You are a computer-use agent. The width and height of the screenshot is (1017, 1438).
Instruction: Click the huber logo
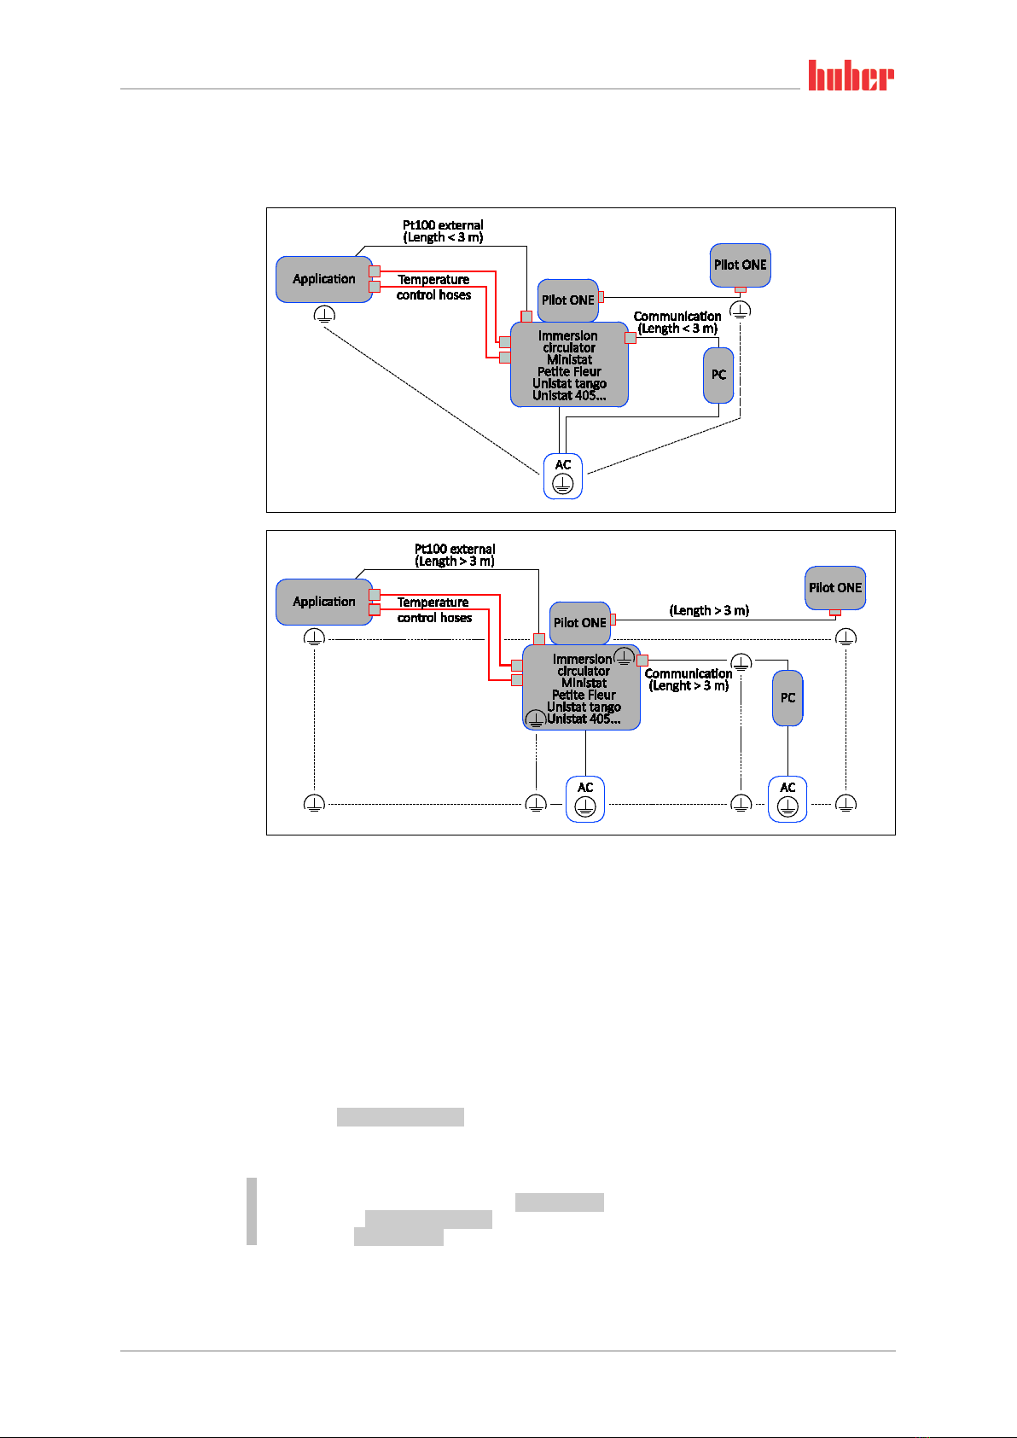[851, 76]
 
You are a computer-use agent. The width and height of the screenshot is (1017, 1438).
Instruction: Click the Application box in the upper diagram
[324, 279]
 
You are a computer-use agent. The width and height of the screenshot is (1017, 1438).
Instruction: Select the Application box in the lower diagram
[324, 602]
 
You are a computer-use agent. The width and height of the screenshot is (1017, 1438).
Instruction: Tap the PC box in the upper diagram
[718, 375]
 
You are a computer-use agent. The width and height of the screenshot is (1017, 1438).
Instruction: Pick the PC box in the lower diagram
[787, 697]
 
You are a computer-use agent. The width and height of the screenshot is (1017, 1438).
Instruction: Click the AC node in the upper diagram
[563, 476]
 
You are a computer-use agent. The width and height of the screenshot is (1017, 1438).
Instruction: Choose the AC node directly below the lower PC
[787, 799]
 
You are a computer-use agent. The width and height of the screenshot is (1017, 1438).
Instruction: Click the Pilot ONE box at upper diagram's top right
[740, 265]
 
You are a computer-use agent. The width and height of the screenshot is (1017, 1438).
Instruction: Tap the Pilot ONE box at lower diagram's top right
[835, 587]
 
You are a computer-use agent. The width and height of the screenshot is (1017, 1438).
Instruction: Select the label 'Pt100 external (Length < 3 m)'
[443, 231]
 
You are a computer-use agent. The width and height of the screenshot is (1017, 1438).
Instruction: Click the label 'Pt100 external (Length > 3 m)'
[455, 555]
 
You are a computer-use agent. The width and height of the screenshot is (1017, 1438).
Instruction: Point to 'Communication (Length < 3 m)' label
[677, 323]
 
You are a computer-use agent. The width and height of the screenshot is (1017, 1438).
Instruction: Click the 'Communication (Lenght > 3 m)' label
[689, 679]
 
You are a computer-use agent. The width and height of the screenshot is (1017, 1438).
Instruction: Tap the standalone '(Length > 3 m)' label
[709, 610]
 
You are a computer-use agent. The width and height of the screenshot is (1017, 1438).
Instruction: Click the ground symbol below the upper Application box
[324, 315]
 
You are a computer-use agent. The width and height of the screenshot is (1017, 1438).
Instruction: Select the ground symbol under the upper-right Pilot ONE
[741, 311]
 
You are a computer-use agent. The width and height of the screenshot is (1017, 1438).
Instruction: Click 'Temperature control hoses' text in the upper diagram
[433, 287]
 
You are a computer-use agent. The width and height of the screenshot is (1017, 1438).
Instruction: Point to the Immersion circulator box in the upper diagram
[569, 365]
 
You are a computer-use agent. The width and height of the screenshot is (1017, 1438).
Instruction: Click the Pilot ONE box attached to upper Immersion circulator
[568, 300]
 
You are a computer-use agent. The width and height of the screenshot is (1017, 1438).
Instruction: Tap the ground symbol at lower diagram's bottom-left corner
[314, 803]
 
